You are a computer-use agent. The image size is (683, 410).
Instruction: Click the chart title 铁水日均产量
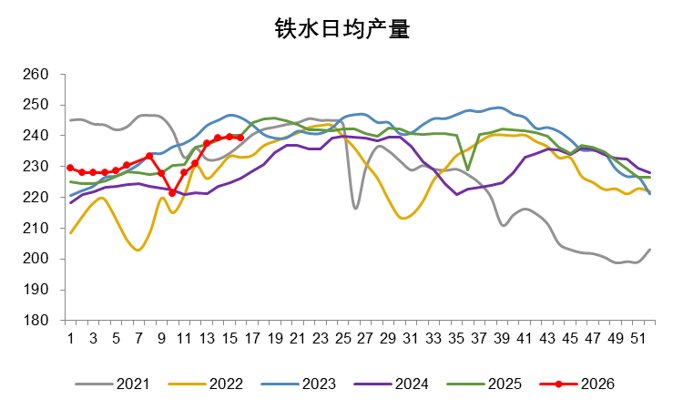341,30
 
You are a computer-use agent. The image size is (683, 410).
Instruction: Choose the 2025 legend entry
505,384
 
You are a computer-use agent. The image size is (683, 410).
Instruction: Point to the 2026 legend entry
596,384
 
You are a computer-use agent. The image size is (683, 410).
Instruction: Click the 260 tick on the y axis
45,74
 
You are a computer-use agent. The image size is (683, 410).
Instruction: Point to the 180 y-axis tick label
45,321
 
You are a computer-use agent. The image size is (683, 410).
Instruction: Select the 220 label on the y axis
45,197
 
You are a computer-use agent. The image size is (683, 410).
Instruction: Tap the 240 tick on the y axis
45,136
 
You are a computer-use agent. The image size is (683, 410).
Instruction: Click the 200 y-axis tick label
45,259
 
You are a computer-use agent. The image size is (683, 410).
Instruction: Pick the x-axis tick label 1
70,338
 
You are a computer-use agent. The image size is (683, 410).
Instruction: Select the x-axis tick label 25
343,338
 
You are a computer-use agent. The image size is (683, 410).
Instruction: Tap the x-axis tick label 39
502,338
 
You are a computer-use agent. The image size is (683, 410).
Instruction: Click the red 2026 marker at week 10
172,193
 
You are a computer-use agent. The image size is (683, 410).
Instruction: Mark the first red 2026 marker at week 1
70,168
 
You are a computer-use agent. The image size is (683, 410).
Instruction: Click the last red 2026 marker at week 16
240,138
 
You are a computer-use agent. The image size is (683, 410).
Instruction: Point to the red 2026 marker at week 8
149,156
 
